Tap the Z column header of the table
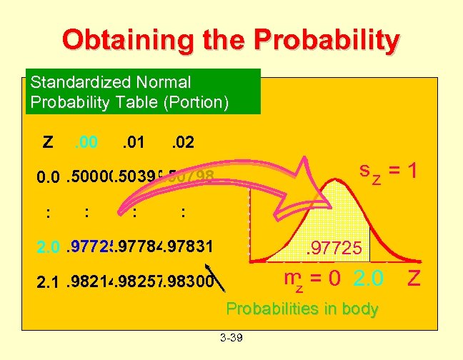coord(47,143)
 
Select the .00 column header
coord(86,143)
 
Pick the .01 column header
coord(133,143)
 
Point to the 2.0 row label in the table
coord(49,249)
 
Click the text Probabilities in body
coord(302,309)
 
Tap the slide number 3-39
coord(231,337)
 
